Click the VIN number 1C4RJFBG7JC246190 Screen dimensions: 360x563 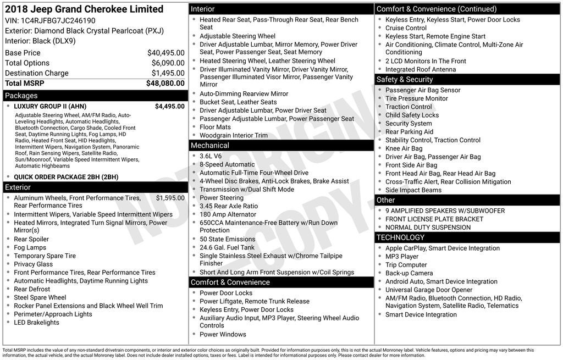click(58, 20)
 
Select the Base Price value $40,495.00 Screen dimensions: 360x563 click(165, 53)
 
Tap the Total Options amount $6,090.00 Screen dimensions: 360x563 click(168, 63)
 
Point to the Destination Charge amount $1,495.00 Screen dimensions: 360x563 click(168, 73)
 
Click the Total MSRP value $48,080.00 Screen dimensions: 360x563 click(165, 84)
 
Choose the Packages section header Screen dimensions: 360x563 click(21, 96)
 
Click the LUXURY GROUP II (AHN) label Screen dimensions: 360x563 click(50, 107)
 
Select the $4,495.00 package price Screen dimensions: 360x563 click(169, 107)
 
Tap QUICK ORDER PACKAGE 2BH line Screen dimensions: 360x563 click(66, 177)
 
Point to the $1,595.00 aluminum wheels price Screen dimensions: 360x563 click(170, 198)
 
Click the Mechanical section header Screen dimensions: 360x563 click(209, 146)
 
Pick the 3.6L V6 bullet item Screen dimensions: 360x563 click(211, 156)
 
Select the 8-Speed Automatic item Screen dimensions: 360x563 click(227, 164)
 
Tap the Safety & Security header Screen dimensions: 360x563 click(405, 80)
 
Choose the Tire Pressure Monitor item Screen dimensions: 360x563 click(416, 98)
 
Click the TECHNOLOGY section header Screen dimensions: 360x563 click(400, 237)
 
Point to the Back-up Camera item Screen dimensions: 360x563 click(409, 273)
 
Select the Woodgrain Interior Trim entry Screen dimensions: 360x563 click(234, 135)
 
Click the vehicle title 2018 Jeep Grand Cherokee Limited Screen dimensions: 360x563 click(84, 9)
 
